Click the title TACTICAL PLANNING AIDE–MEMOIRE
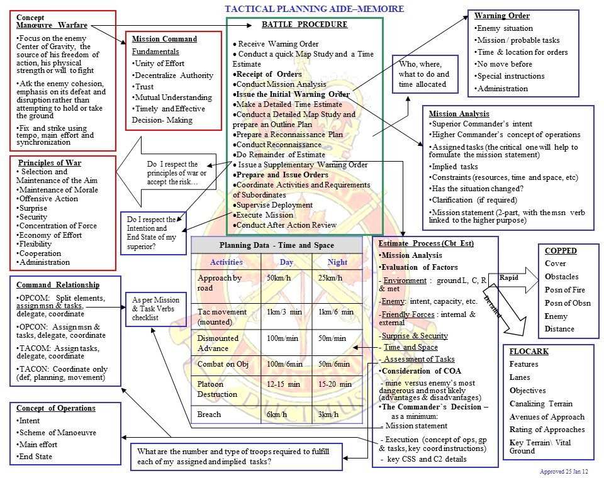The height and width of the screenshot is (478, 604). (x=314, y=9)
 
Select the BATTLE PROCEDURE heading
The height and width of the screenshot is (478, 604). (x=304, y=25)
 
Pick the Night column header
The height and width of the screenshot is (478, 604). (x=337, y=262)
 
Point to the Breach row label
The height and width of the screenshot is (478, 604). (x=209, y=414)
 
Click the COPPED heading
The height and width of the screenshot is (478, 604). (x=561, y=250)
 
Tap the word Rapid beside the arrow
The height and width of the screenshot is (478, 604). (x=508, y=277)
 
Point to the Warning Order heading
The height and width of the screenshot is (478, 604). (x=501, y=16)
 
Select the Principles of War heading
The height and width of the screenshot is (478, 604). (x=49, y=163)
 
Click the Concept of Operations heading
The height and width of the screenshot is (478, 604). (x=56, y=408)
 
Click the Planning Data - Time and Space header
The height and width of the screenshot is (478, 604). (x=276, y=245)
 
